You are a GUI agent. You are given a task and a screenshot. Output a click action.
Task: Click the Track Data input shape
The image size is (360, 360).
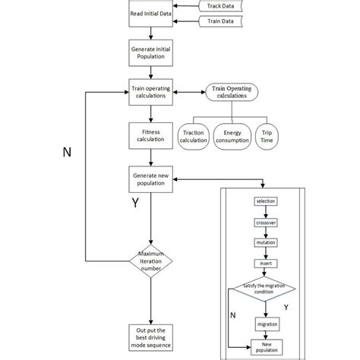(x=220, y=6)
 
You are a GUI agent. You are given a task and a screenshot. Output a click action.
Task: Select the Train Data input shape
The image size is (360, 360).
(x=220, y=21)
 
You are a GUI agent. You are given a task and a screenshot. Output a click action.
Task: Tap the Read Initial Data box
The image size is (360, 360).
(x=151, y=14)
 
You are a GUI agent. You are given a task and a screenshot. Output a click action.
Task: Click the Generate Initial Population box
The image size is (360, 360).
(x=151, y=53)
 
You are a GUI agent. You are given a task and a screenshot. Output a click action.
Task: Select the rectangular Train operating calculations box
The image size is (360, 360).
(x=151, y=92)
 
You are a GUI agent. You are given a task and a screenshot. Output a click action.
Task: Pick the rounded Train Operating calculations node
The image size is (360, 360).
(x=232, y=92)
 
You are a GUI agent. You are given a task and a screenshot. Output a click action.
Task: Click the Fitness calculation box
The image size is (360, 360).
(x=151, y=136)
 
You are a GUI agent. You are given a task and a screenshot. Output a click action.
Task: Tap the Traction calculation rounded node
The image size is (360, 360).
(x=194, y=137)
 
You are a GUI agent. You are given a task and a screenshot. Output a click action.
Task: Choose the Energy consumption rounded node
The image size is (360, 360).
(x=232, y=137)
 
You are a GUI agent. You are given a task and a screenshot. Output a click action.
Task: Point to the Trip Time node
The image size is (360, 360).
(x=267, y=137)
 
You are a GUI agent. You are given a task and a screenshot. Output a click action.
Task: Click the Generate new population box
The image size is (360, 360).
(x=151, y=179)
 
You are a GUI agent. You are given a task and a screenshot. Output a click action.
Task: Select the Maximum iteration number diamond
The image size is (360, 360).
(x=151, y=261)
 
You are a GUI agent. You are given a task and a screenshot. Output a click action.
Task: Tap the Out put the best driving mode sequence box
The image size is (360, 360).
(x=151, y=338)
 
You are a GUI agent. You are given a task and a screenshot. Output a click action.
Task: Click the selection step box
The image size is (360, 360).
(x=266, y=201)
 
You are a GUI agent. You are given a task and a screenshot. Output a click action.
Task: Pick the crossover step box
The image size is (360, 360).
(x=266, y=223)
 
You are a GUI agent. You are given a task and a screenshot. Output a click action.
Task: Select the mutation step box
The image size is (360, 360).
(x=266, y=242)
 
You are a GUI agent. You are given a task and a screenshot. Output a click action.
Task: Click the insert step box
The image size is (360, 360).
(x=266, y=264)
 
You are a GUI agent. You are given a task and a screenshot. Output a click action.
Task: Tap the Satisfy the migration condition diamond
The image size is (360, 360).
(x=264, y=289)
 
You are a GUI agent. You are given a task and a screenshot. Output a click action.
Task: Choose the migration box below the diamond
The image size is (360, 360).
(x=267, y=324)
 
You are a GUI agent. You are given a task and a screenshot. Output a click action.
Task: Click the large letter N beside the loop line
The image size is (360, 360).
(x=67, y=153)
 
